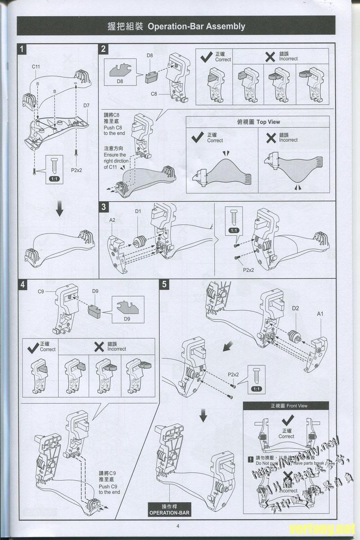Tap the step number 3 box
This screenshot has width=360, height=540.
(104, 207)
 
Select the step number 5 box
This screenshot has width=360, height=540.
(165, 284)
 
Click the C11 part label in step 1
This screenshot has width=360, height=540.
(36, 67)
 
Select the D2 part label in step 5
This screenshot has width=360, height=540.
(296, 308)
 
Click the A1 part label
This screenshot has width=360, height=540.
(320, 314)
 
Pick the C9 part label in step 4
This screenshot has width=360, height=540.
(41, 292)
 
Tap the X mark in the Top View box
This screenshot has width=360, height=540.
(270, 138)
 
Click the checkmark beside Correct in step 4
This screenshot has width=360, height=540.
(32, 347)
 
